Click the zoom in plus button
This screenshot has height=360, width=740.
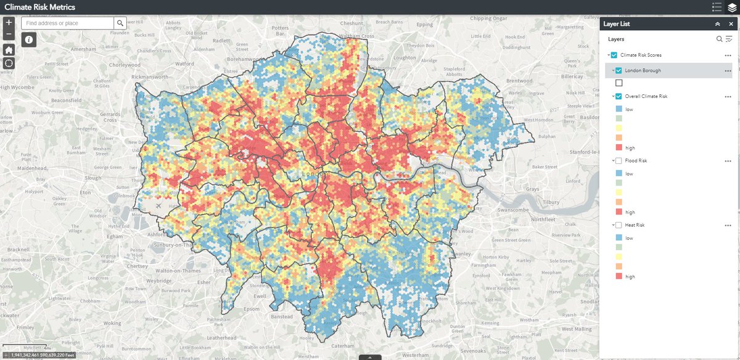(x=9, y=22)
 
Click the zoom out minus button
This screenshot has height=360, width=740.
(x=9, y=34)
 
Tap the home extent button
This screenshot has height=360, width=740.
(x=9, y=49)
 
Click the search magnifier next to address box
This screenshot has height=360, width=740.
(x=120, y=23)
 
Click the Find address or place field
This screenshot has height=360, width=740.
(x=68, y=23)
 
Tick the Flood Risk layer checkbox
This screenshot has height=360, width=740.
(x=619, y=161)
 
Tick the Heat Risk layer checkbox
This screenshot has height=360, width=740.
(x=619, y=225)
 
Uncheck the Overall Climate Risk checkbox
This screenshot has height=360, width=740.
(x=619, y=96)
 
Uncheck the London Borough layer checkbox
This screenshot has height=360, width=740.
(x=619, y=70)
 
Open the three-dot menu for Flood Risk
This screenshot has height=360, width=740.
(x=728, y=161)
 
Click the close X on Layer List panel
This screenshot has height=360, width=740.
(x=730, y=23)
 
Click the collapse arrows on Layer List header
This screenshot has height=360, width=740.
(x=717, y=23)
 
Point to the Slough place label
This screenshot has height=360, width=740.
(x=93, y=178)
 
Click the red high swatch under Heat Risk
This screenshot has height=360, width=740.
(x=619, y=277)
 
